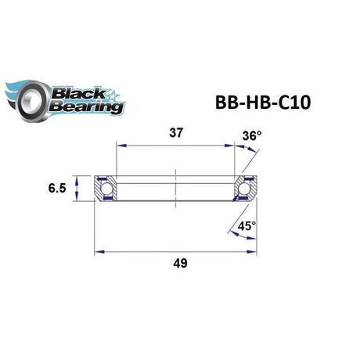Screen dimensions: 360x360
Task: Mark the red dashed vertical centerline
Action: tap(177, 189)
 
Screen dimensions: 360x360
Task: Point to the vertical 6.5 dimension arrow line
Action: tap(77, 189)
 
